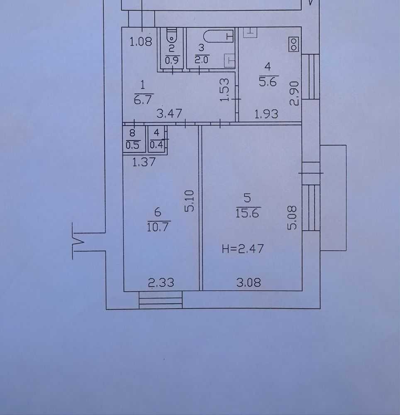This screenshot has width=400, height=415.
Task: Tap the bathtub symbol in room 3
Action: (219, 36)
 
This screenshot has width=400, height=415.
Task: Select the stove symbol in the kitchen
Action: (294, 44)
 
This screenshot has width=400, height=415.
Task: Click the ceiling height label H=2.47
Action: (243, 249)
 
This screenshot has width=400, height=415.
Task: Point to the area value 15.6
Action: (247, 213)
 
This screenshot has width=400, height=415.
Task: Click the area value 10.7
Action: (158, 227)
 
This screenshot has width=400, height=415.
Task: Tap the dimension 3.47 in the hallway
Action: (169, 114)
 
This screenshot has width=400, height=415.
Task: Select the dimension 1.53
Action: (224, 90)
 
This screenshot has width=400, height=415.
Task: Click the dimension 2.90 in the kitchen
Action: (294, 93)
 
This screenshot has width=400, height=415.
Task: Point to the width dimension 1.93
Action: (266, 114)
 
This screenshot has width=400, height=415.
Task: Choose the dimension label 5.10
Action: (189, 201)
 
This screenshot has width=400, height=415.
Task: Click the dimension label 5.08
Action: (293, 218)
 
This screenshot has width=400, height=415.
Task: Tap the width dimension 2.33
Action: (161, 283)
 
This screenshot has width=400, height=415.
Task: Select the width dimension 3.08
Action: (249, 282)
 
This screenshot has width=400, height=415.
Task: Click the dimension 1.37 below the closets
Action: (144, 162)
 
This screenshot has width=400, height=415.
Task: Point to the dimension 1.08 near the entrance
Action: (141, 42)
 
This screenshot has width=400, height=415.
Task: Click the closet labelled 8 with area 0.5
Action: (134, 139)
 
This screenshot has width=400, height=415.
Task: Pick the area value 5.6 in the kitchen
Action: (268, 82)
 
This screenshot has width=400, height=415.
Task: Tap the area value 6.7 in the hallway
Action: (143, 100)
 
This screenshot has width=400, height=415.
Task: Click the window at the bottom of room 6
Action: (161, 300)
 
